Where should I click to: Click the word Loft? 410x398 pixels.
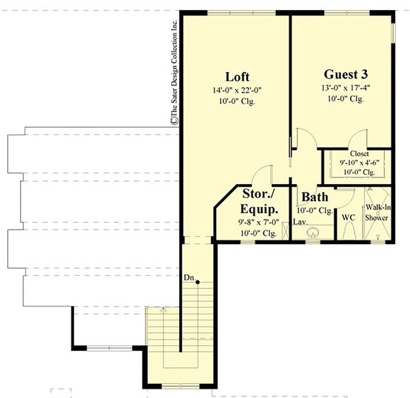coord(237,77)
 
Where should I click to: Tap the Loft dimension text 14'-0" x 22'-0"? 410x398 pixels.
coord(237,91)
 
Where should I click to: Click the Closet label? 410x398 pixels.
coord(359,153)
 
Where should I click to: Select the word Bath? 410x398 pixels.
coord(314,197)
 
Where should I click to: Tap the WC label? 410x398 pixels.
coord(349,217)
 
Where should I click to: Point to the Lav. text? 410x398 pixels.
coord(300,223)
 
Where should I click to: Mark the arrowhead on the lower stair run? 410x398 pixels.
coord(162,310)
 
